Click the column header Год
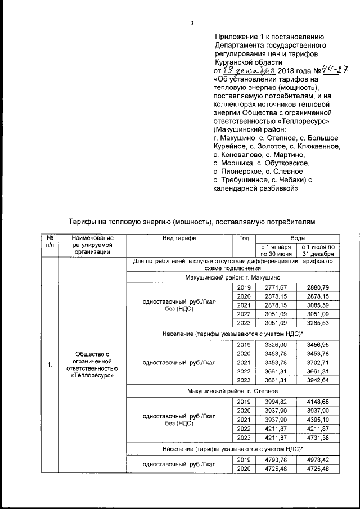pos(244,238)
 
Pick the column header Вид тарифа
pos(179,238)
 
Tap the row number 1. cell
pos(49,366)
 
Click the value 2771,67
pos(276,287)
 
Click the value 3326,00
pos(276,344)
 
